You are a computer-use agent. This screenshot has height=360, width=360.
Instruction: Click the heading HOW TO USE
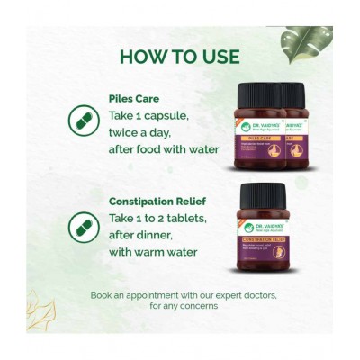[179, 57]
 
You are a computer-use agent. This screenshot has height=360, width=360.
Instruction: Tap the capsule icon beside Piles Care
[83, 119]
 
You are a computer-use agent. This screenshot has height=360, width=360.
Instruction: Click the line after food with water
[163, 148]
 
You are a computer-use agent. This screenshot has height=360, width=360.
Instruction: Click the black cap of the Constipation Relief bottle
[263, 195]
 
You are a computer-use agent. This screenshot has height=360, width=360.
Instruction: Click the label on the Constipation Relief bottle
[263, 238]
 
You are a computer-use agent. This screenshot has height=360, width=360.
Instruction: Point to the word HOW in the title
[142, 57]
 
